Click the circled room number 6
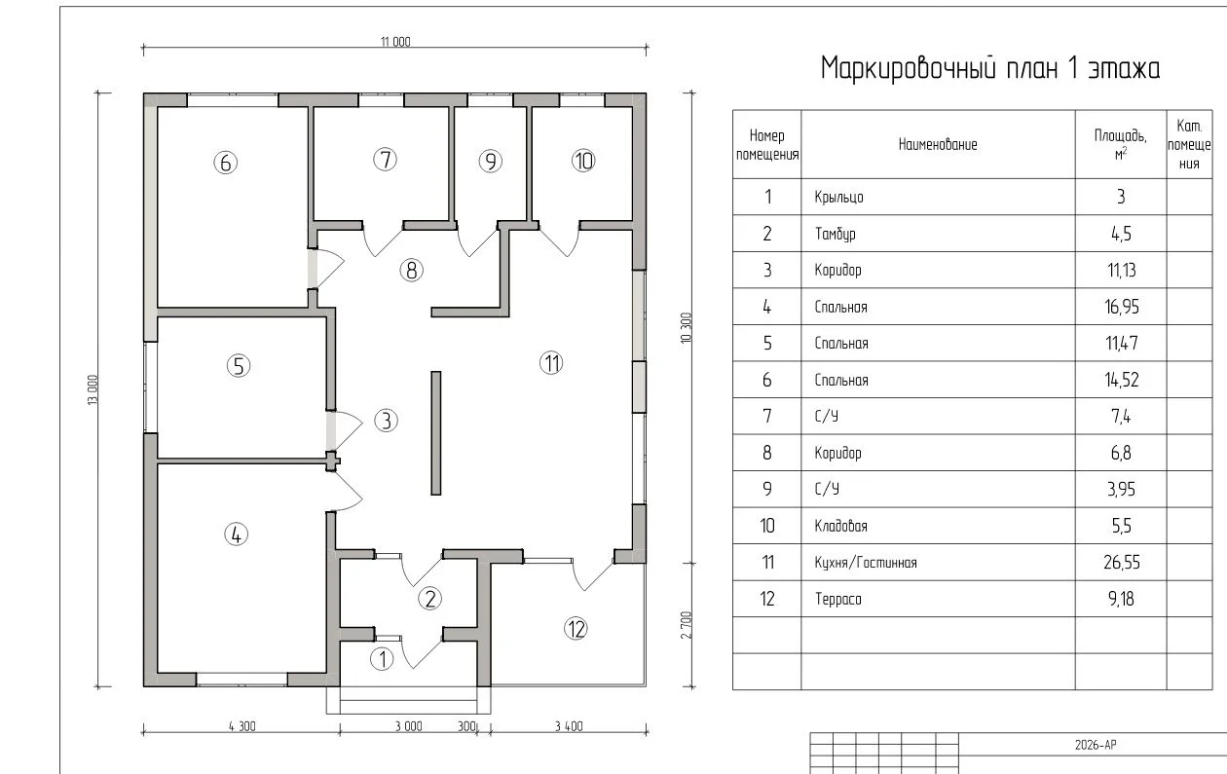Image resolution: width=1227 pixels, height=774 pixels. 225,163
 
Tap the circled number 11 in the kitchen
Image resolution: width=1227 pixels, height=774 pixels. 551,363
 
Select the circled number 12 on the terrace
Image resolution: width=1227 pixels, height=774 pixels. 576,629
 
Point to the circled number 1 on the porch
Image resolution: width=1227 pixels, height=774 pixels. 382,659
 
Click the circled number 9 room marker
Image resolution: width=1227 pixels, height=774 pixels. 490,162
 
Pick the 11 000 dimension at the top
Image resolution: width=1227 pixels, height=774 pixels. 395,42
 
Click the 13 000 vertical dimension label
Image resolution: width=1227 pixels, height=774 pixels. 93,390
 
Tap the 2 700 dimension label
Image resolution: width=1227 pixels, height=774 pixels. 686,625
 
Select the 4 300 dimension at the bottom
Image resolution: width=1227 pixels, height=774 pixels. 242,726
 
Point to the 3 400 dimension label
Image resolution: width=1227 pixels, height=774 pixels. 569,726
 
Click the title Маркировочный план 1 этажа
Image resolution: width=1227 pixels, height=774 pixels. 990,69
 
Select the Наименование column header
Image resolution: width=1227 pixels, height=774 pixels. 938,145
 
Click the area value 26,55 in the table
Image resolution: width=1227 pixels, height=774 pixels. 1121,562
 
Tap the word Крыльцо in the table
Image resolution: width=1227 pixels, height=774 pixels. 838,198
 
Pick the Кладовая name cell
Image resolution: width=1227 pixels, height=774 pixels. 840,526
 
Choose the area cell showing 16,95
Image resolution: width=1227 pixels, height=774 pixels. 1121,307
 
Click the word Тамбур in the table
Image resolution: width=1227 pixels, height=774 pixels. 835,234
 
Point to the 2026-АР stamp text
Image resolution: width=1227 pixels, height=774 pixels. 1096,745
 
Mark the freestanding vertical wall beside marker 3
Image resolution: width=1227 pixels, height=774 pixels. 436,433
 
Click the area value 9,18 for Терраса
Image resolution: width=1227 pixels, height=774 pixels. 1121,599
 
